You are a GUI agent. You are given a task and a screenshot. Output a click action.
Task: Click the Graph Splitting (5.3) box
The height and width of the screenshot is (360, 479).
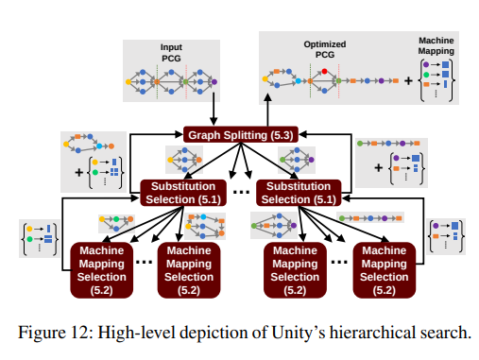pyautogui.click(x=240, y=135)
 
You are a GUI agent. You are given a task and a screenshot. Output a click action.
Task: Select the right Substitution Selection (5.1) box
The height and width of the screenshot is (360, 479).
pyautogui.click(x=297, y=192)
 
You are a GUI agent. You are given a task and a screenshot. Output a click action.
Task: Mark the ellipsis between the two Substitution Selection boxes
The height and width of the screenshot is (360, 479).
pyautogui.click(x=240, y=194)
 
